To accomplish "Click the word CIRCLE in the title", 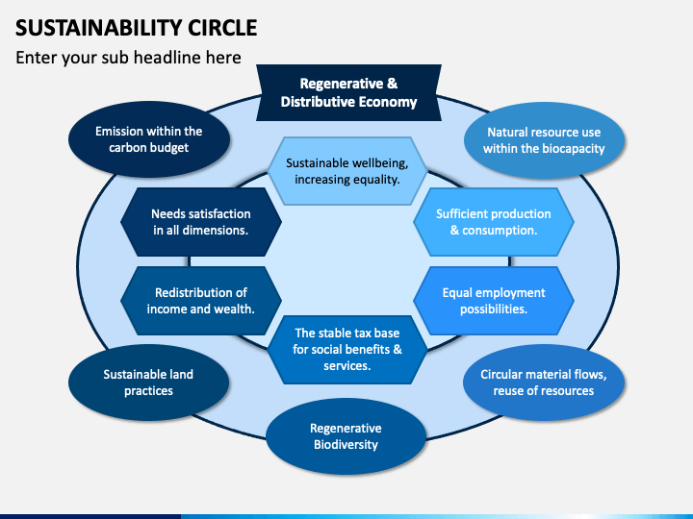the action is point(222,28).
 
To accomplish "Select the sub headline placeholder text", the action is point(128,58).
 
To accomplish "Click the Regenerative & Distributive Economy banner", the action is point(348,92).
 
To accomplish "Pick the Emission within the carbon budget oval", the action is point(149,139).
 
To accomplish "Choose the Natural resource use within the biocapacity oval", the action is point(544,140).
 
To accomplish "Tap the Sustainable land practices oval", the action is point(148,383).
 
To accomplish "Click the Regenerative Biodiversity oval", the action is point(346,436).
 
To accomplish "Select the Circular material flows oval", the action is point(544,383).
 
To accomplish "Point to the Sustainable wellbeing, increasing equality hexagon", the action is point(346,171).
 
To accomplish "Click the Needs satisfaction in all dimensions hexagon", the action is point(201,222).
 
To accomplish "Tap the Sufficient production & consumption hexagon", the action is point(494,222).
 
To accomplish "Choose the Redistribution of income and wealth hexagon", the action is point(201,301).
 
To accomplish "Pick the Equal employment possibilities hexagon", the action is point(494,301).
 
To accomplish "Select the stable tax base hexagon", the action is point(346,350).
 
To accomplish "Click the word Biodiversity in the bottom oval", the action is point(346,444).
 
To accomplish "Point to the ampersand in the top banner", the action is point(393,84).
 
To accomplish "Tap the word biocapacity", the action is point(574,149).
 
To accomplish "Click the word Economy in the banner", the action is point(388,102).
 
